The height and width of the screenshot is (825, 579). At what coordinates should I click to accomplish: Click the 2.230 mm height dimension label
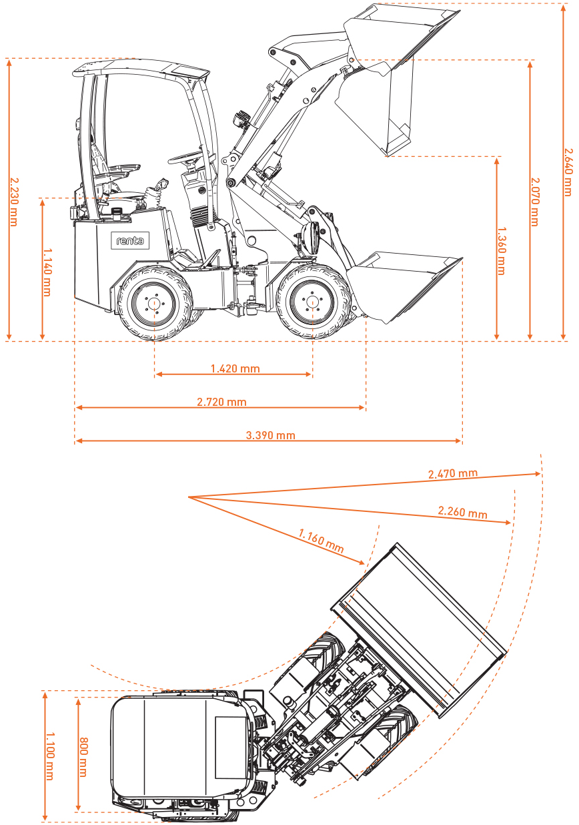coord(13,201)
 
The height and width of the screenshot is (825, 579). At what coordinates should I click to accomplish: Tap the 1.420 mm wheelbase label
coord(235,368)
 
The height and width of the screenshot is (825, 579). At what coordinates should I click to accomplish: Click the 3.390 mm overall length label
coord(270,435)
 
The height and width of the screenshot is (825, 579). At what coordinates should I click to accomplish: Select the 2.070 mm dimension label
coord(534,201)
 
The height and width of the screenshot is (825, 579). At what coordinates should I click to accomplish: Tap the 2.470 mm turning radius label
coord(453,473)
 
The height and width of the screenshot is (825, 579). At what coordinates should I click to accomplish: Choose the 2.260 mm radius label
coord(462,512)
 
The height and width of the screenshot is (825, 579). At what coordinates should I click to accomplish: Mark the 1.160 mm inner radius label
coord(322,541)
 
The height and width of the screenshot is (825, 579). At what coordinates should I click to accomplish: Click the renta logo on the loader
coord(129,240)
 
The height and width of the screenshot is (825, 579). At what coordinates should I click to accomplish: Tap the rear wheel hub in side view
coord(154,303)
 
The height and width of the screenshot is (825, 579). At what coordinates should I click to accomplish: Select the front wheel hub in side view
coord(312,302)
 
